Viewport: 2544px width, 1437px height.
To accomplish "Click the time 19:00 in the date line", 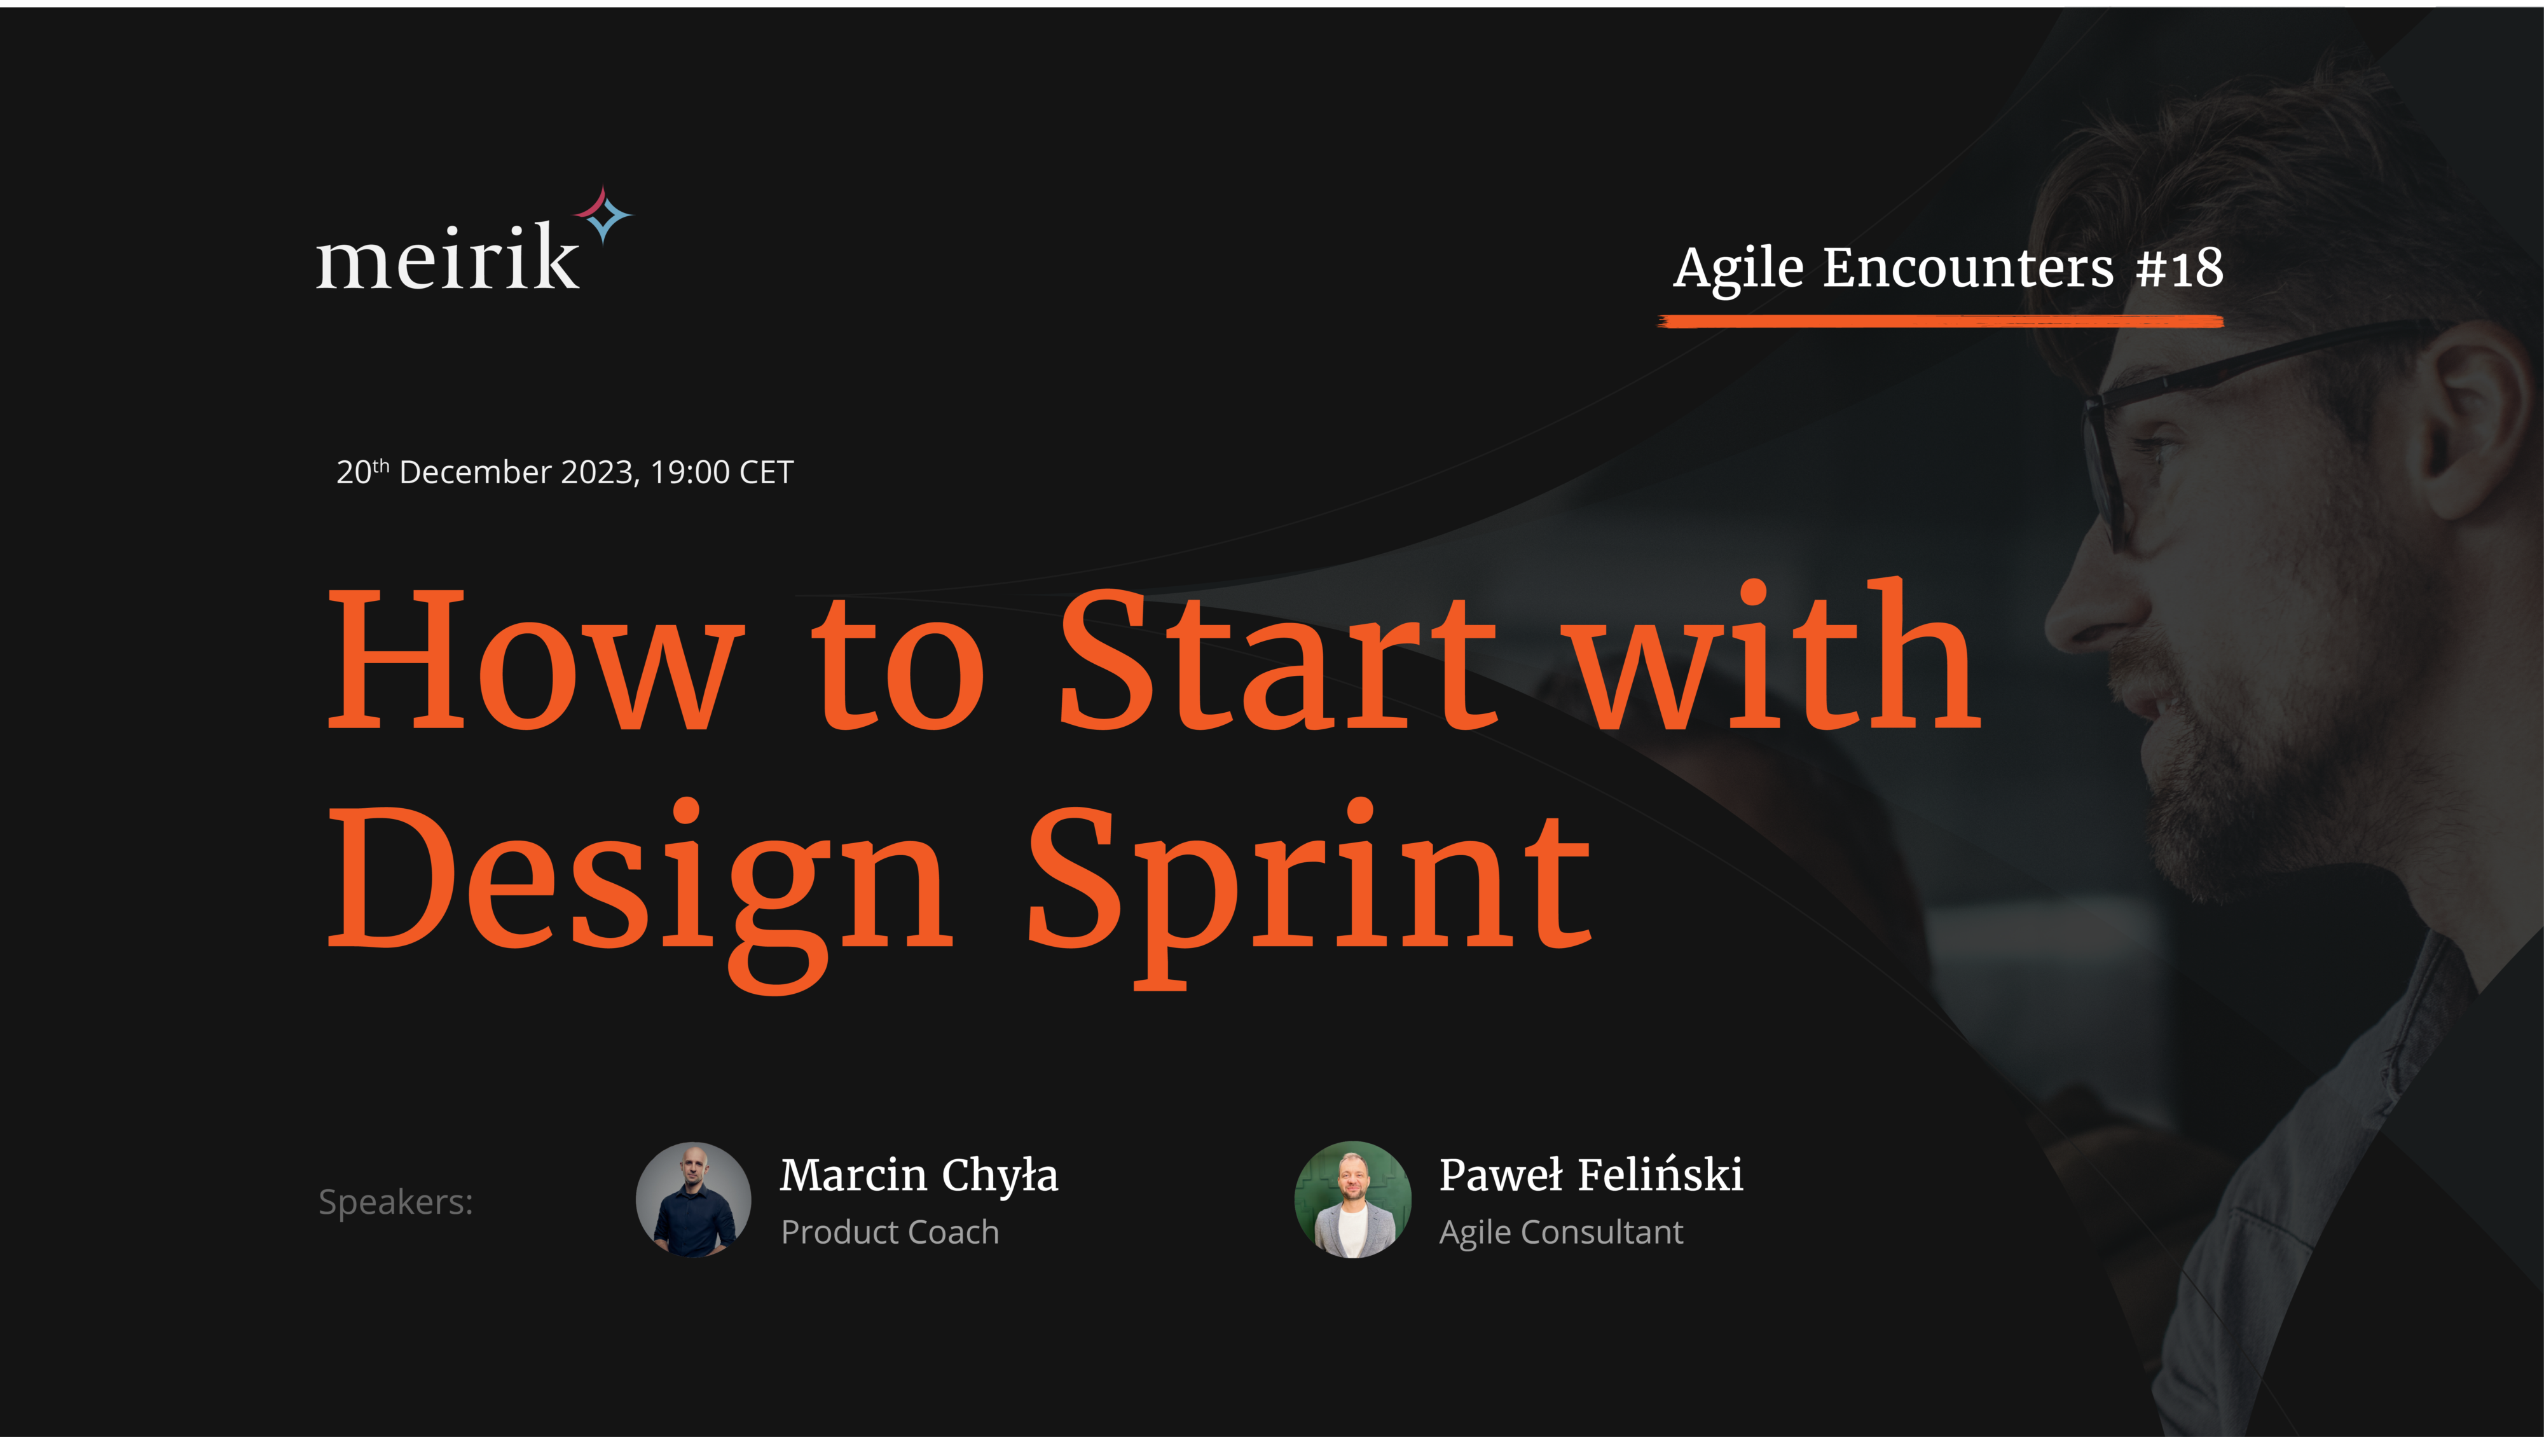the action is click(x=691, y=472).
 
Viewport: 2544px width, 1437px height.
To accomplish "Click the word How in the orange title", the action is click(x=534, y=659).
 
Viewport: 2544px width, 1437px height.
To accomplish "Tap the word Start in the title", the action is click(x=1278, y=659).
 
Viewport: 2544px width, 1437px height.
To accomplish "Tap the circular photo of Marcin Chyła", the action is click(x=693, y=1200).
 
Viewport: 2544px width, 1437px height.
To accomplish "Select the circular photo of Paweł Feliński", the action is click(x=1353, y=1200).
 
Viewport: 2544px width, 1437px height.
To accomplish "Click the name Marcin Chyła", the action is click(x=918, y=1175).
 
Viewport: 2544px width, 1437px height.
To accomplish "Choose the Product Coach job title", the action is click(x=890, y=1232).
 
